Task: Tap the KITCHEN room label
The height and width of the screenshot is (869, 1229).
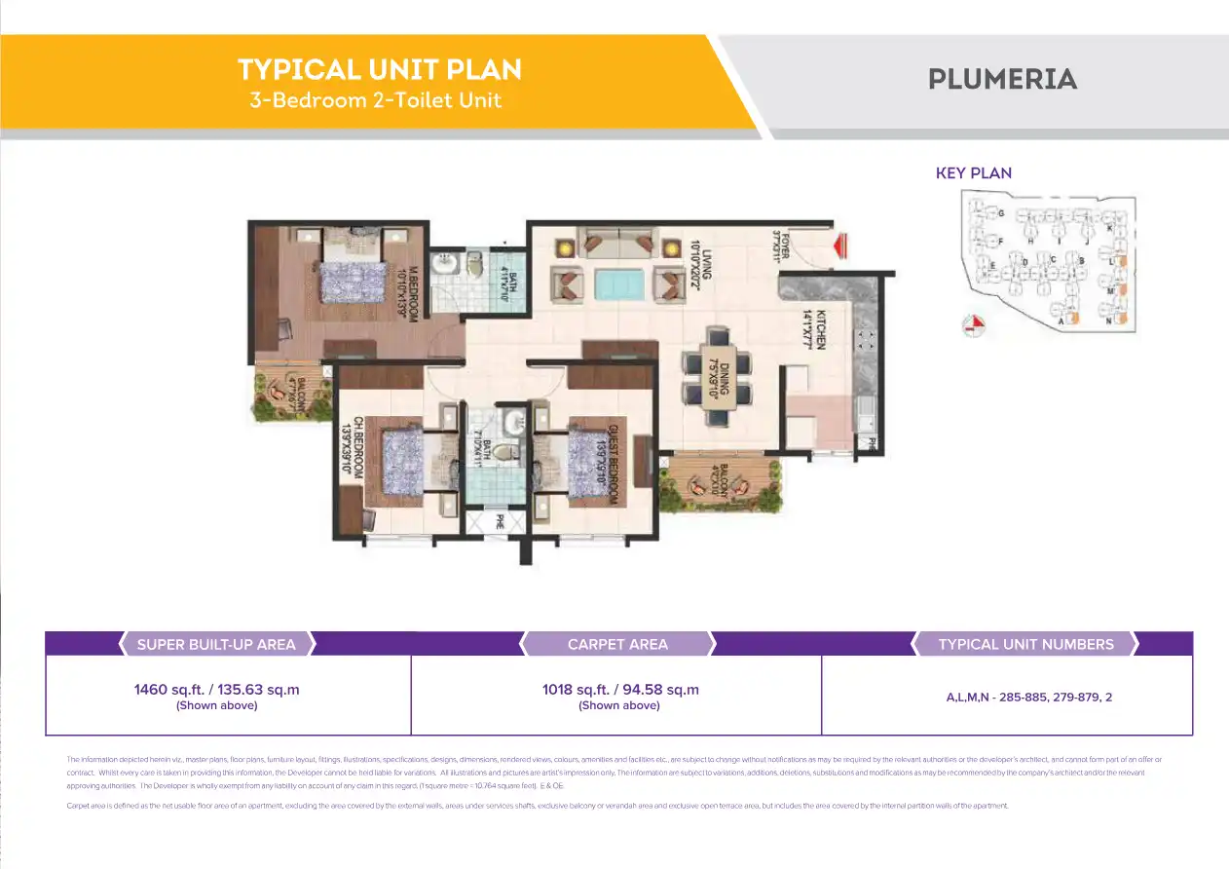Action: (x=820, y=329)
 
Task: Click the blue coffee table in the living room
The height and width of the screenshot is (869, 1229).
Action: (x=618, y=284)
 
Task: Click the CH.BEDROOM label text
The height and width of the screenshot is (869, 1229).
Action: (x=358, y=446)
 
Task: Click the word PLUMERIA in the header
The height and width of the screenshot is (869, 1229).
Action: (x=1002, y=79)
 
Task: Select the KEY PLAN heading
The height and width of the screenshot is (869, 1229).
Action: (x=973, y=173)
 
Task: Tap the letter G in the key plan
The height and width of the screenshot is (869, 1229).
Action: (x=1000, y=212)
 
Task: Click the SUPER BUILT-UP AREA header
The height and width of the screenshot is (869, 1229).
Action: (x=216, y=644)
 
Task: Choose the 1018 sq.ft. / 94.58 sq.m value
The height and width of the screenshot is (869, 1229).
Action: (x=620, y=690)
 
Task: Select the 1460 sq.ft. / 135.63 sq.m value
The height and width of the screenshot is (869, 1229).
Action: (x=216, y=690)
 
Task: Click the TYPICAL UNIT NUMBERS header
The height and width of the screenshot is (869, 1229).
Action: (x=1025, y=644)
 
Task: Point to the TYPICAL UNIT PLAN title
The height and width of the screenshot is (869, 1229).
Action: (x=380, y=70)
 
